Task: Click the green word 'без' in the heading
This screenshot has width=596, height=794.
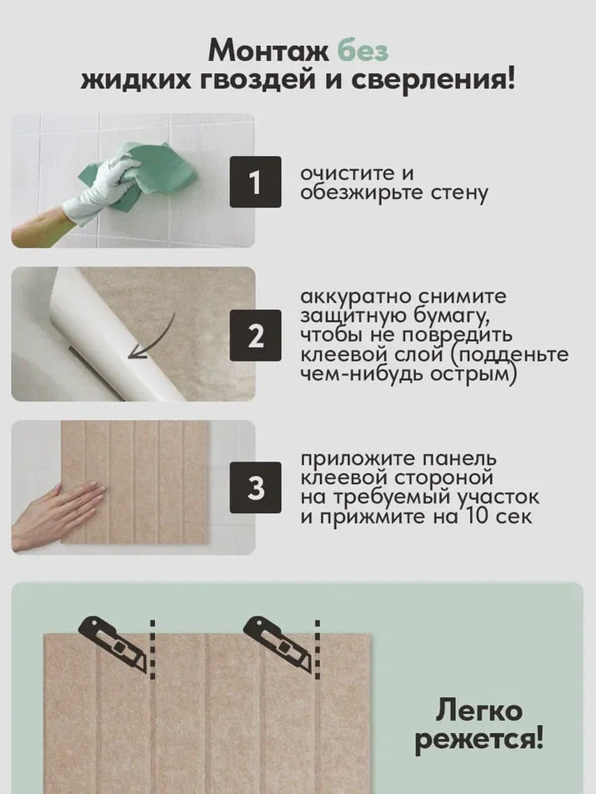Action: click(x=363, y=50)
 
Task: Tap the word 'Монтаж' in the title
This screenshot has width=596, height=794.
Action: click(x=268, y=50)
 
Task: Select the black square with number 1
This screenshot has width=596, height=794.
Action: click(x=254, y=182)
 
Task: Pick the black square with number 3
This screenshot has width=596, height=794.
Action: click(x=254, y=488)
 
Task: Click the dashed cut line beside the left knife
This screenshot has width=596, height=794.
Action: click(x=153, y=650)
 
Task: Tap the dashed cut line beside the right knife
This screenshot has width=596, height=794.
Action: click(x=318, y=650)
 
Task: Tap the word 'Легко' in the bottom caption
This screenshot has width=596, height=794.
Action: click(x=478, y=711)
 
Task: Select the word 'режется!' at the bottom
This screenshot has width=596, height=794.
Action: click(x=478, y=739)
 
